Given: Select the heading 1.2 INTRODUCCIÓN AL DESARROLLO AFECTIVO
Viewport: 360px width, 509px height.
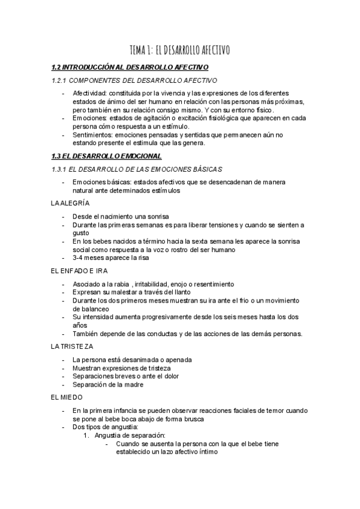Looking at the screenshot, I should click(x=130, y=67).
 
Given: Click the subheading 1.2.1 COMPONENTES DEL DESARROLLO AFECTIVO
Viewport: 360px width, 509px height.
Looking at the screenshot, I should click(x=134, y=80).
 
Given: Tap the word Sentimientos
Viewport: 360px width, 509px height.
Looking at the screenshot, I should click(x=94, y=135).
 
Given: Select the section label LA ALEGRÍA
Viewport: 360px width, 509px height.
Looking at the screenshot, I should click(x=71, y=203).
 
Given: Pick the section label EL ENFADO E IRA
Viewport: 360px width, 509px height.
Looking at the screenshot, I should click(x=79, y=270).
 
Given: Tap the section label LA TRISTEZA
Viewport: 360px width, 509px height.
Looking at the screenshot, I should click(x=72, y=346).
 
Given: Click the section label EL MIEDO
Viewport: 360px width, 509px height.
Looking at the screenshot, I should click(x=67, y=397).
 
